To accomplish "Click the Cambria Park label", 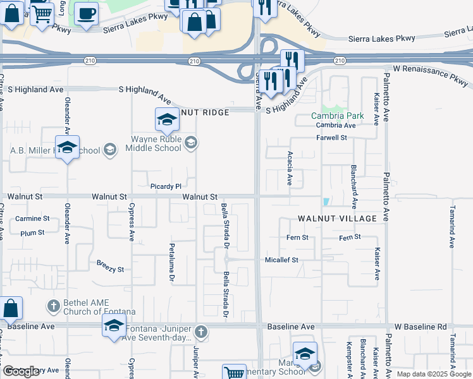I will coord(337,116).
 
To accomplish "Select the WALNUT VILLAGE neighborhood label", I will coord(337,219).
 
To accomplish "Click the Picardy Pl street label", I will coord(166,186).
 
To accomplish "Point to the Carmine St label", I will coord(32,219).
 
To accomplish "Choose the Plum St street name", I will coord(32,232).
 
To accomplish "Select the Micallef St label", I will coord(281,260).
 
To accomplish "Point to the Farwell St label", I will coord(332,138).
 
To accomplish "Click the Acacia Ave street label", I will coord(290,168).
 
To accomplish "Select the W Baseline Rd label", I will coord(420,327).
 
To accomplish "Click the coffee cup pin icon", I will coord(86,13).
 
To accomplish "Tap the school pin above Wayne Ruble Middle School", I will coord(167,119).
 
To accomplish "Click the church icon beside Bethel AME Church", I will coord(53,306).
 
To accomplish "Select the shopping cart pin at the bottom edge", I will coord(235,373).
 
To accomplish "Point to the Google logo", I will coord(21,371).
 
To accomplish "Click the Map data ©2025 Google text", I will coord(433,374).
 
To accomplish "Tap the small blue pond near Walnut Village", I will coord(326,202).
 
